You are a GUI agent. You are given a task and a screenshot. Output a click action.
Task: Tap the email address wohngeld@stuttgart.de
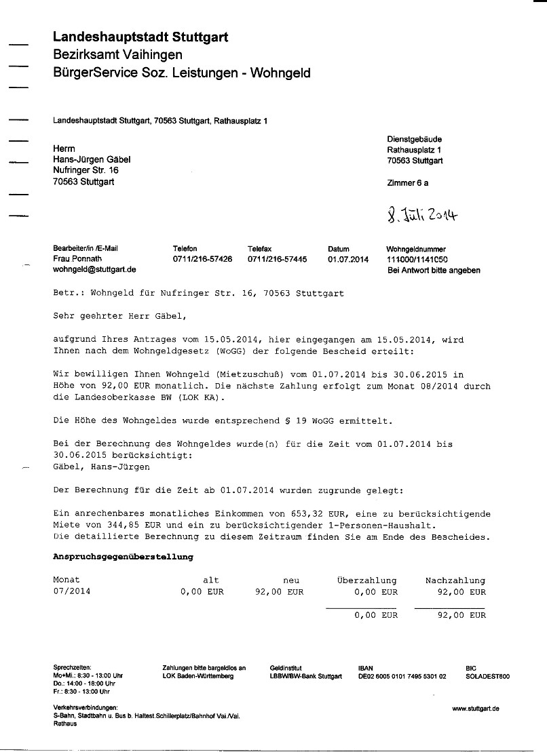(94, 269)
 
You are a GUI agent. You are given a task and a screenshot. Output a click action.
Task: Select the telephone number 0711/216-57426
(202, 259)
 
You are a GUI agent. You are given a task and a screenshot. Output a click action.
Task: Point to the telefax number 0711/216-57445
(277, 259)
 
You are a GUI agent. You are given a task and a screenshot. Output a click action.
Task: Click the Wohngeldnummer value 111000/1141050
(417, 260)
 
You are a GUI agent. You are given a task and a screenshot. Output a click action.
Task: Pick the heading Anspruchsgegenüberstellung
(123, 557)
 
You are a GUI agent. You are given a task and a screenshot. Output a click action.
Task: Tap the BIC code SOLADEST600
(487, 676)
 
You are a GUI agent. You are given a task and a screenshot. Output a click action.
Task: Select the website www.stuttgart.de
(476, 709)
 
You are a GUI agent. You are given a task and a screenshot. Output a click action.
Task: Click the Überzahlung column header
(366, 580)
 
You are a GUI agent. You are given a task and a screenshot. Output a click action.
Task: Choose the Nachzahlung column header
(455, 580)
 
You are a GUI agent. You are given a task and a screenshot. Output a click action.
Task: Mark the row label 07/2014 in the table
(71, 591)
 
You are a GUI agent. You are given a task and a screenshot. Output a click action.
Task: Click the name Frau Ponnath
(77, 259)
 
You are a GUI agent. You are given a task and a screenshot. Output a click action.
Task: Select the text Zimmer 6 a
(407, 183)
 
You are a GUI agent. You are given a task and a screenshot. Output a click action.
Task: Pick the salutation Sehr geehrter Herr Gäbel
(118, 315)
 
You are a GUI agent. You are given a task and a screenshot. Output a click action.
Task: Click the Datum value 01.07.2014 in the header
(348, 259)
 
